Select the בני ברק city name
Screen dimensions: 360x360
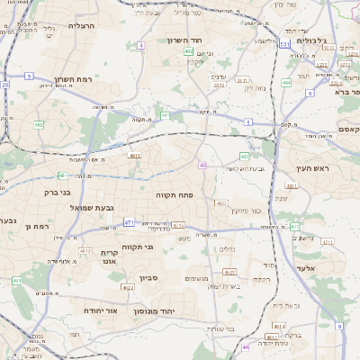pyautogui.click(x=58, y=192)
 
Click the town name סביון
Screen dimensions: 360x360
pyautogui.click(x=149, y=279)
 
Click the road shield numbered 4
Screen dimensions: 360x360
pyautogui.click(x=141, y=44)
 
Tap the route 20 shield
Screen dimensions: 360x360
pyautogui.click(x=4, y=85)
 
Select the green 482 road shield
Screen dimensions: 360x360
pyautogui.click(x=39, y=124)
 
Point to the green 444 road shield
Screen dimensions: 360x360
pyautogui.click(x=285, y=82)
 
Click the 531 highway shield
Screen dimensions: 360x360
pyautogui.click(x=284, y=44)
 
